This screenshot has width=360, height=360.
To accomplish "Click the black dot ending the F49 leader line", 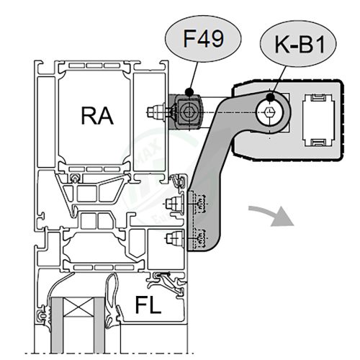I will (189, 91).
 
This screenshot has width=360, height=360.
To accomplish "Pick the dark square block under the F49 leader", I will (189, 112).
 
